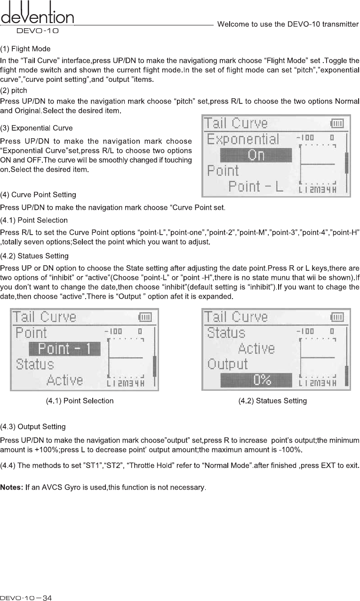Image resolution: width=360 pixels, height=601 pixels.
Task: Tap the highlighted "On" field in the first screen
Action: click(256, 155)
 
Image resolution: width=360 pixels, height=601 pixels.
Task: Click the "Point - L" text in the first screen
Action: click(256, 187)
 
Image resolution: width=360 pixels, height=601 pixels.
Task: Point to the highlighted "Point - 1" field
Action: click(65, 349)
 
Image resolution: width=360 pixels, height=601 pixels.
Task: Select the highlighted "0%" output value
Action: click(256, 380)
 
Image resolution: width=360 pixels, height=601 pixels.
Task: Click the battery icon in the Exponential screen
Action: click(337, 123)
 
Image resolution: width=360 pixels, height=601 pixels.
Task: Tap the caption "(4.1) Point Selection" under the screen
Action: click(80, 401)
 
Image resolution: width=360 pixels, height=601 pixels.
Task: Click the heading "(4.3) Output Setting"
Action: click(33, 427)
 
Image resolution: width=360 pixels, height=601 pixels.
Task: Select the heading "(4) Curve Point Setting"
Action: click(38, 194)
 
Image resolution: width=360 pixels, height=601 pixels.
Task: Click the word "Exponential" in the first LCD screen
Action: click(243, 140)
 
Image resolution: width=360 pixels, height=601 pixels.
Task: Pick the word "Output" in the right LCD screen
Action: click(228, 364)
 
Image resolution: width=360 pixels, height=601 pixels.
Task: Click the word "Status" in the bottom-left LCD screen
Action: click(35, 364)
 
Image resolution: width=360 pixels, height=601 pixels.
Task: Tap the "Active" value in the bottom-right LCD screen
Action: click(256, 348)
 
